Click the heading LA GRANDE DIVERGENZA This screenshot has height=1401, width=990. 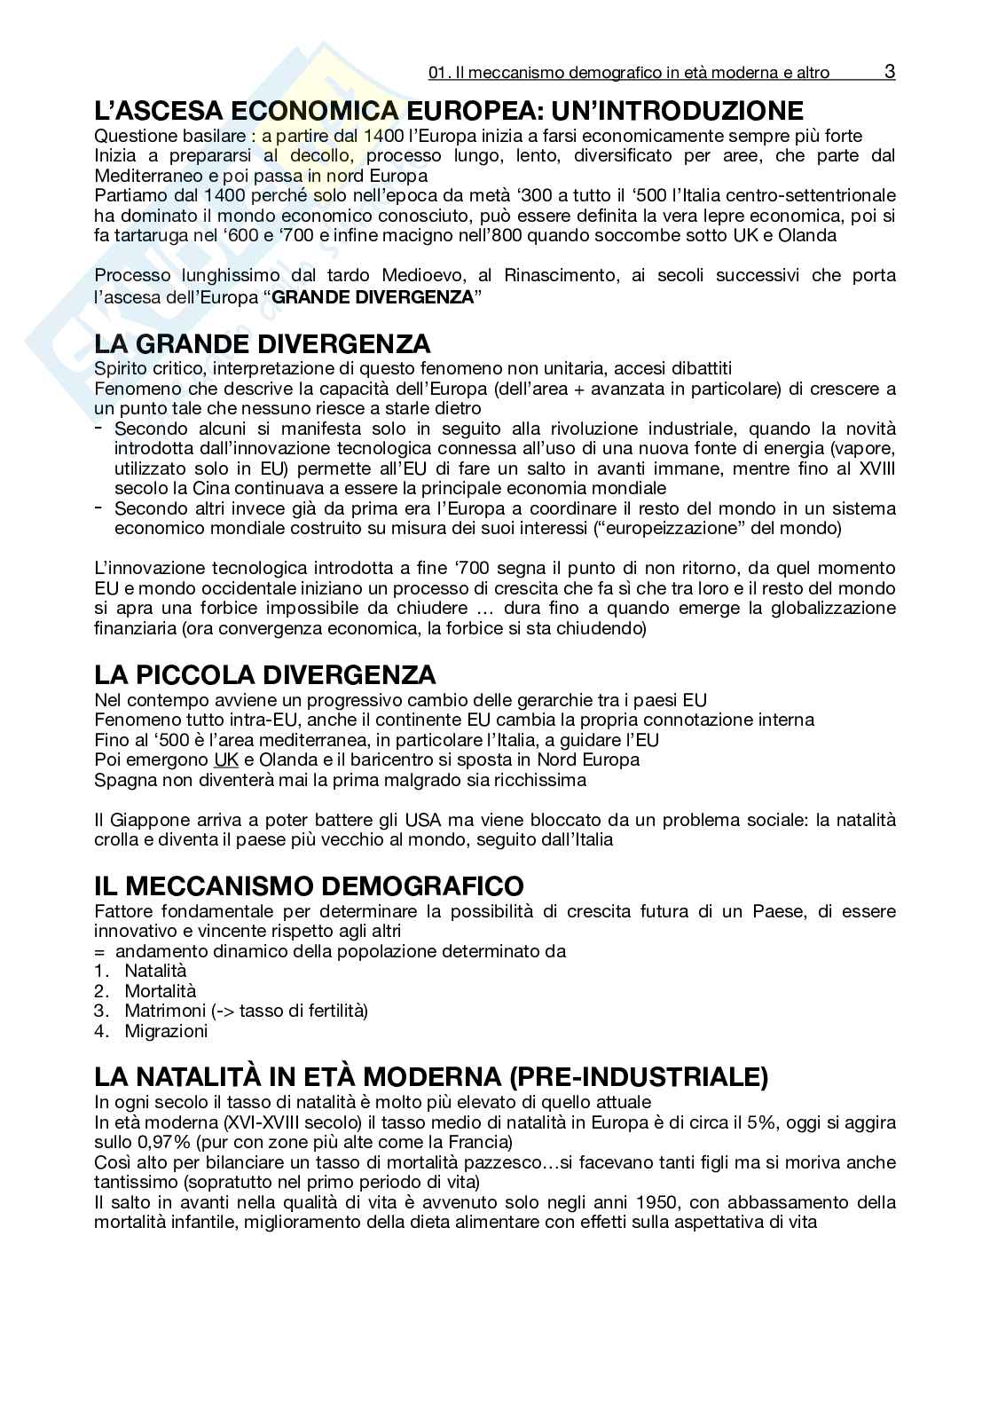point(263,343)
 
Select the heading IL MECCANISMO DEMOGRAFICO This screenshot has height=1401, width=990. point(309,885)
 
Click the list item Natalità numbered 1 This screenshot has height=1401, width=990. point(155,971)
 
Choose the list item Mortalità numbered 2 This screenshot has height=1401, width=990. point(160,990)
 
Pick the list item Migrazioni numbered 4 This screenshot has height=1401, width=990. point(166,1031)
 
